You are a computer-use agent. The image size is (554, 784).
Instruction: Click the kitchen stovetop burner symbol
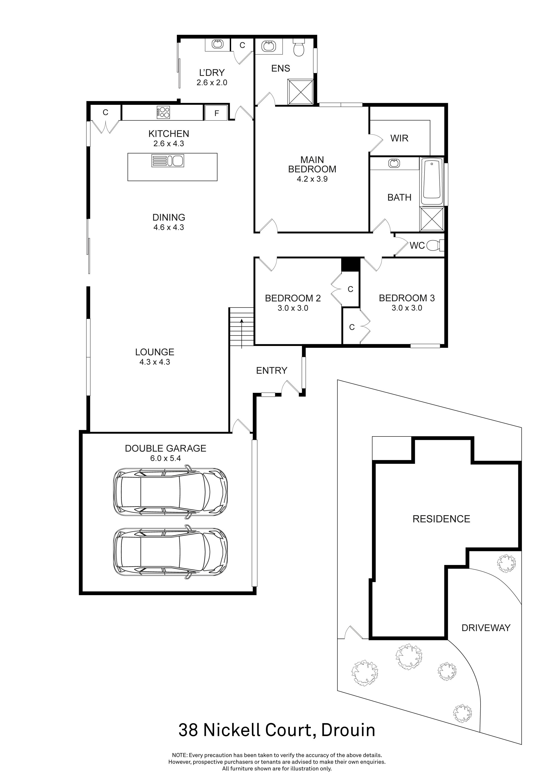[x=163, y=112]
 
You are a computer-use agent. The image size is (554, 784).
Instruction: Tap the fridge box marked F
[x=216, y=113]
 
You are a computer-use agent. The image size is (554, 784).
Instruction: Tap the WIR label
[x=399, y=138]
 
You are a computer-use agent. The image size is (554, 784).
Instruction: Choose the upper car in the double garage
[x=170, y=492]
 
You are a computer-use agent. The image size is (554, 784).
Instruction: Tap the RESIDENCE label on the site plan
[x=441, y=519]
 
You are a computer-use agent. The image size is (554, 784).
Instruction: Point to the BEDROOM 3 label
[x=407, y=298]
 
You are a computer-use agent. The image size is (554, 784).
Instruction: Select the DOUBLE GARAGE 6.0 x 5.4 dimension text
[x=165, y=458]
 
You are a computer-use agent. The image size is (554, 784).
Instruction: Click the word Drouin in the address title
[x=348, y=730]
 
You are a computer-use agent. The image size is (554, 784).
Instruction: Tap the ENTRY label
[x=272, y=371]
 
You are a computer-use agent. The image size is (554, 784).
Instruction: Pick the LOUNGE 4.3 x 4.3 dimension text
[x=155, y=362]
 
